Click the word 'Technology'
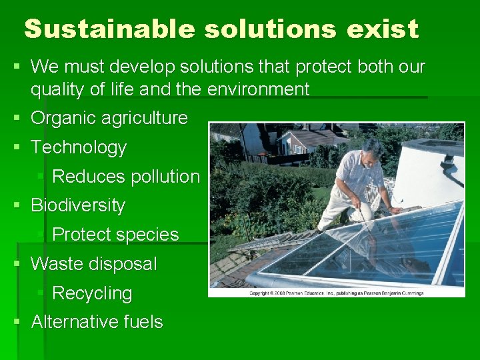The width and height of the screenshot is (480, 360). point(79,147)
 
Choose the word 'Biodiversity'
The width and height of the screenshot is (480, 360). point(78,205)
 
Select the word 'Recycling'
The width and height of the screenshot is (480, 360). point(92,293)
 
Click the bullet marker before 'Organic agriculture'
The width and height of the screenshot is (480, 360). point(18,119)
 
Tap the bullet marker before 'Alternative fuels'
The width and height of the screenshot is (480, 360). point(18,322)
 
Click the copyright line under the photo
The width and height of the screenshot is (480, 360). point(336,293)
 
